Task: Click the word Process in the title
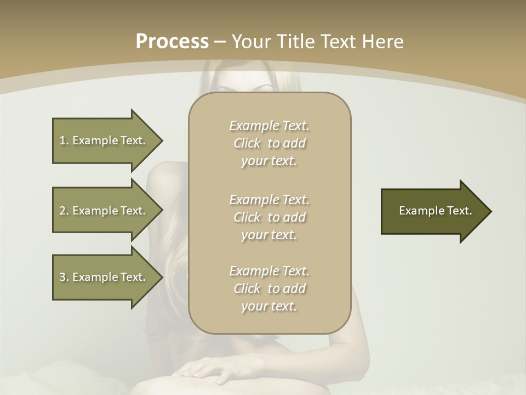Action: point(172,42)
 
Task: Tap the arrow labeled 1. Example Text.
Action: point(104,140)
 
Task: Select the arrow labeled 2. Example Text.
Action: point(104,211)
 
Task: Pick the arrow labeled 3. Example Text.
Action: point(104,277)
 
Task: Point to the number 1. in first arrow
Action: point(64,140)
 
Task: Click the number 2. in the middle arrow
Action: point(64,211)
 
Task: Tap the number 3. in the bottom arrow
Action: point(64,277)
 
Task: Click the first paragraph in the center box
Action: point(269,143)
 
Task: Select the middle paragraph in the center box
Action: point(269,217)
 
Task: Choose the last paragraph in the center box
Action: point(269,289)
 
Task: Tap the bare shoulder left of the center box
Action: point(164,176)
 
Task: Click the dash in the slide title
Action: point(220,42)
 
